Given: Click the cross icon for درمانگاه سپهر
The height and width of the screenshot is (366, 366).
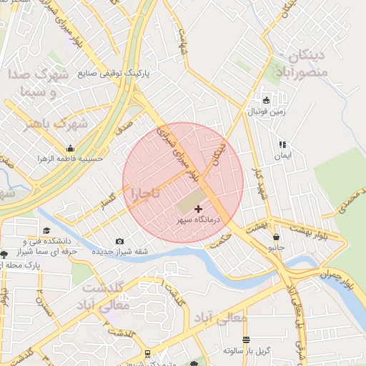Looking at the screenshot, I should (198, 209).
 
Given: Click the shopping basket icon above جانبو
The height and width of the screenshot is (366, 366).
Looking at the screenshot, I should (275, 237).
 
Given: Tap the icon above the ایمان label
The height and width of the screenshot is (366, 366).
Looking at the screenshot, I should (282, 144).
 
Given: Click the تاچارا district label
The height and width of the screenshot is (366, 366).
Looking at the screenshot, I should (144, 194).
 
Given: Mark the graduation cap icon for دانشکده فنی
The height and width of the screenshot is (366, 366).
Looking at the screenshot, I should (46, 230).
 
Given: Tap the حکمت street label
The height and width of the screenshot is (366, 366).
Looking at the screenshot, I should (222, 239).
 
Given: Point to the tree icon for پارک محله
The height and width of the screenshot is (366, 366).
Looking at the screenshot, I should (4, 254).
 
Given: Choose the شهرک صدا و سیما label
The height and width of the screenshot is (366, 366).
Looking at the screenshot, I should (39, 83).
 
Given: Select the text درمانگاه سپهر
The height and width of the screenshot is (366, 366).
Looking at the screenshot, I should (198, 221).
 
